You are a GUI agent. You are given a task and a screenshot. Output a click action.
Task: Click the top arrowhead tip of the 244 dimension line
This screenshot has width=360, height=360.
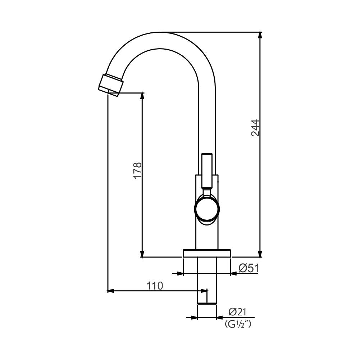(x=260, y=32)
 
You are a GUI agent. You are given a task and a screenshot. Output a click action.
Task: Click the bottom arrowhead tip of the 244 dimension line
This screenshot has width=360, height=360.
(x=260, y=258)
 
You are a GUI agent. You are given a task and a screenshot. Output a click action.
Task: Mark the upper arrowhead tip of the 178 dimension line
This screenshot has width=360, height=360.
(x=142, y=93)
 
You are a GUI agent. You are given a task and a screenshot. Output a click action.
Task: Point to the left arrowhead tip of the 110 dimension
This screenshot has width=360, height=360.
(x=108, y=291)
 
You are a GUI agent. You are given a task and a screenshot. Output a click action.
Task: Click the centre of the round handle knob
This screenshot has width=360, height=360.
(x=207, y=209)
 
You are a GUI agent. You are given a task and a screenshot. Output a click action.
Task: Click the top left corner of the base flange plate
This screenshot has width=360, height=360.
(x=183, y=250)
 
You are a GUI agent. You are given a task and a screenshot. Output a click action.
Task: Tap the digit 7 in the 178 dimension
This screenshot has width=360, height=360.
(x=138, y=170)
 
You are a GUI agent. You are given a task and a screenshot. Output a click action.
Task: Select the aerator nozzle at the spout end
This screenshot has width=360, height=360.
(x=111, y=85)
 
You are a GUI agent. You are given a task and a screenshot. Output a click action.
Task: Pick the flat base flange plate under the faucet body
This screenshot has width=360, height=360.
(x=207, y=253)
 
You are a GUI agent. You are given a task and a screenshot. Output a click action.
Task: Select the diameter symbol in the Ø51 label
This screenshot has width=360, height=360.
(x=243, y=268)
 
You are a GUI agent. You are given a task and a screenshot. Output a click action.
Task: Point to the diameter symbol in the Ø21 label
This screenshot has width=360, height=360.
(x=233, y=312)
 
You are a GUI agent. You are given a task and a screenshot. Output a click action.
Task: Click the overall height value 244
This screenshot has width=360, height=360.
(x=255, y=128)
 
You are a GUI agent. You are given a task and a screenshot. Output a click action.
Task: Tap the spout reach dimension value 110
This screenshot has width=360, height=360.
(x=155, y=286)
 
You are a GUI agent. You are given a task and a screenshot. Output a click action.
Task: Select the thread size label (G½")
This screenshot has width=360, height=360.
(x=238, y=324)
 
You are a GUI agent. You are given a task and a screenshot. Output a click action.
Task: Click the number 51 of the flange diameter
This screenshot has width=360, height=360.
(x=254, y=268)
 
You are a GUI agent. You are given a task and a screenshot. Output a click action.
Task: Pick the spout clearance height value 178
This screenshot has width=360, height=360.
(x=138, y=170)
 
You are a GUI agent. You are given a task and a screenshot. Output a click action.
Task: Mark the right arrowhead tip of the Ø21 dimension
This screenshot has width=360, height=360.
(x=217, y=318)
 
